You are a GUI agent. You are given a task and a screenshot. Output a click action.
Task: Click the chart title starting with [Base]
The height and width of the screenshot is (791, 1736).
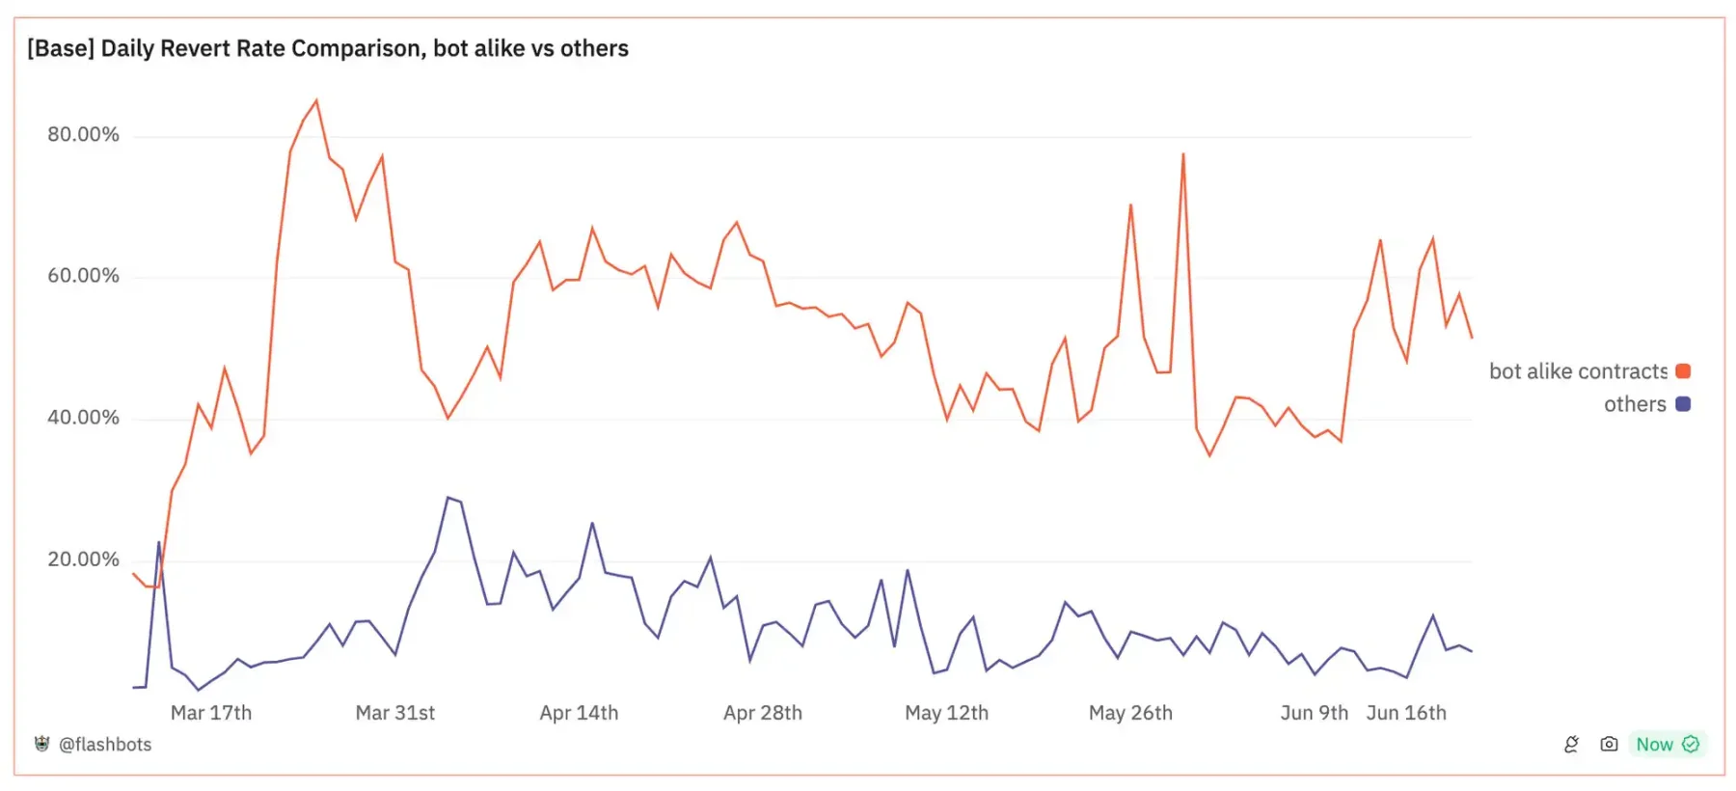point(328,48)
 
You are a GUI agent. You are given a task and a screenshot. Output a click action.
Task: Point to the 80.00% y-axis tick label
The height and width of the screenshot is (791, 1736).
point(83,134)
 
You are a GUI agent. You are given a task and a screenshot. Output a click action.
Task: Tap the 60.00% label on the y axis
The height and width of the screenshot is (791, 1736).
point(83,276)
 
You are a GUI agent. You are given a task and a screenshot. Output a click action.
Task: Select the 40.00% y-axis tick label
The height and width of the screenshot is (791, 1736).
point(83,418)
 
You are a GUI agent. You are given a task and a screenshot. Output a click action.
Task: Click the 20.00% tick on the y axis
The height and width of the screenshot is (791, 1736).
point(83,559)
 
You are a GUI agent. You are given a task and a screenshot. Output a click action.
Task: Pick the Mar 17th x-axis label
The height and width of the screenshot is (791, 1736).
point(211,713)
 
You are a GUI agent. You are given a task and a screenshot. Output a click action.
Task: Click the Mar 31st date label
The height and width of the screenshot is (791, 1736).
point(395,713)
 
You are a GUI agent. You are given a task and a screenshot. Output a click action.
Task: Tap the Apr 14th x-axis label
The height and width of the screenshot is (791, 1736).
point(579,713)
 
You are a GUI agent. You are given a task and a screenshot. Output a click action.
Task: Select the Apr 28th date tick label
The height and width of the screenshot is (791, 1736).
point(763,713)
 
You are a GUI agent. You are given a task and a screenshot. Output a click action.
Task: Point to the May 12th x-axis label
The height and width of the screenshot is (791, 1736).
point(946,713)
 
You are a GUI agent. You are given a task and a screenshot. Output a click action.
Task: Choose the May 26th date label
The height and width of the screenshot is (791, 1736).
point(1130,713)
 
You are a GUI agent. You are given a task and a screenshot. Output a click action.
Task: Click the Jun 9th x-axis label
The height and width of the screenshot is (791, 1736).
point(1314,713)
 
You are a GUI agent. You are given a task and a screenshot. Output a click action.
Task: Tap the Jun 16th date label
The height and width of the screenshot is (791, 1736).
point(1406,713)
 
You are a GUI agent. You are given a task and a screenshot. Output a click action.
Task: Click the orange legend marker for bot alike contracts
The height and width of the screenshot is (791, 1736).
point(1683,371)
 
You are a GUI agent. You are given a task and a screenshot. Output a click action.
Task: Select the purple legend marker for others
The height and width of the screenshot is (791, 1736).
point(1683,404)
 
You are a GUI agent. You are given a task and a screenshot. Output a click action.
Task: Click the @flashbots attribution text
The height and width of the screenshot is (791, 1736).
point(105,745)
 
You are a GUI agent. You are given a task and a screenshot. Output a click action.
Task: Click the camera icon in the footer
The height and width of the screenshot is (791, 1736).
point(1609,744)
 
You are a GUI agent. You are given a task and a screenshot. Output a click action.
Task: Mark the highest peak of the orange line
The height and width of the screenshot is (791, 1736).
point(316,100)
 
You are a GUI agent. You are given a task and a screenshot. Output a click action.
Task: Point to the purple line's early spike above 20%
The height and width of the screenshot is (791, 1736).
point(159,543)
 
